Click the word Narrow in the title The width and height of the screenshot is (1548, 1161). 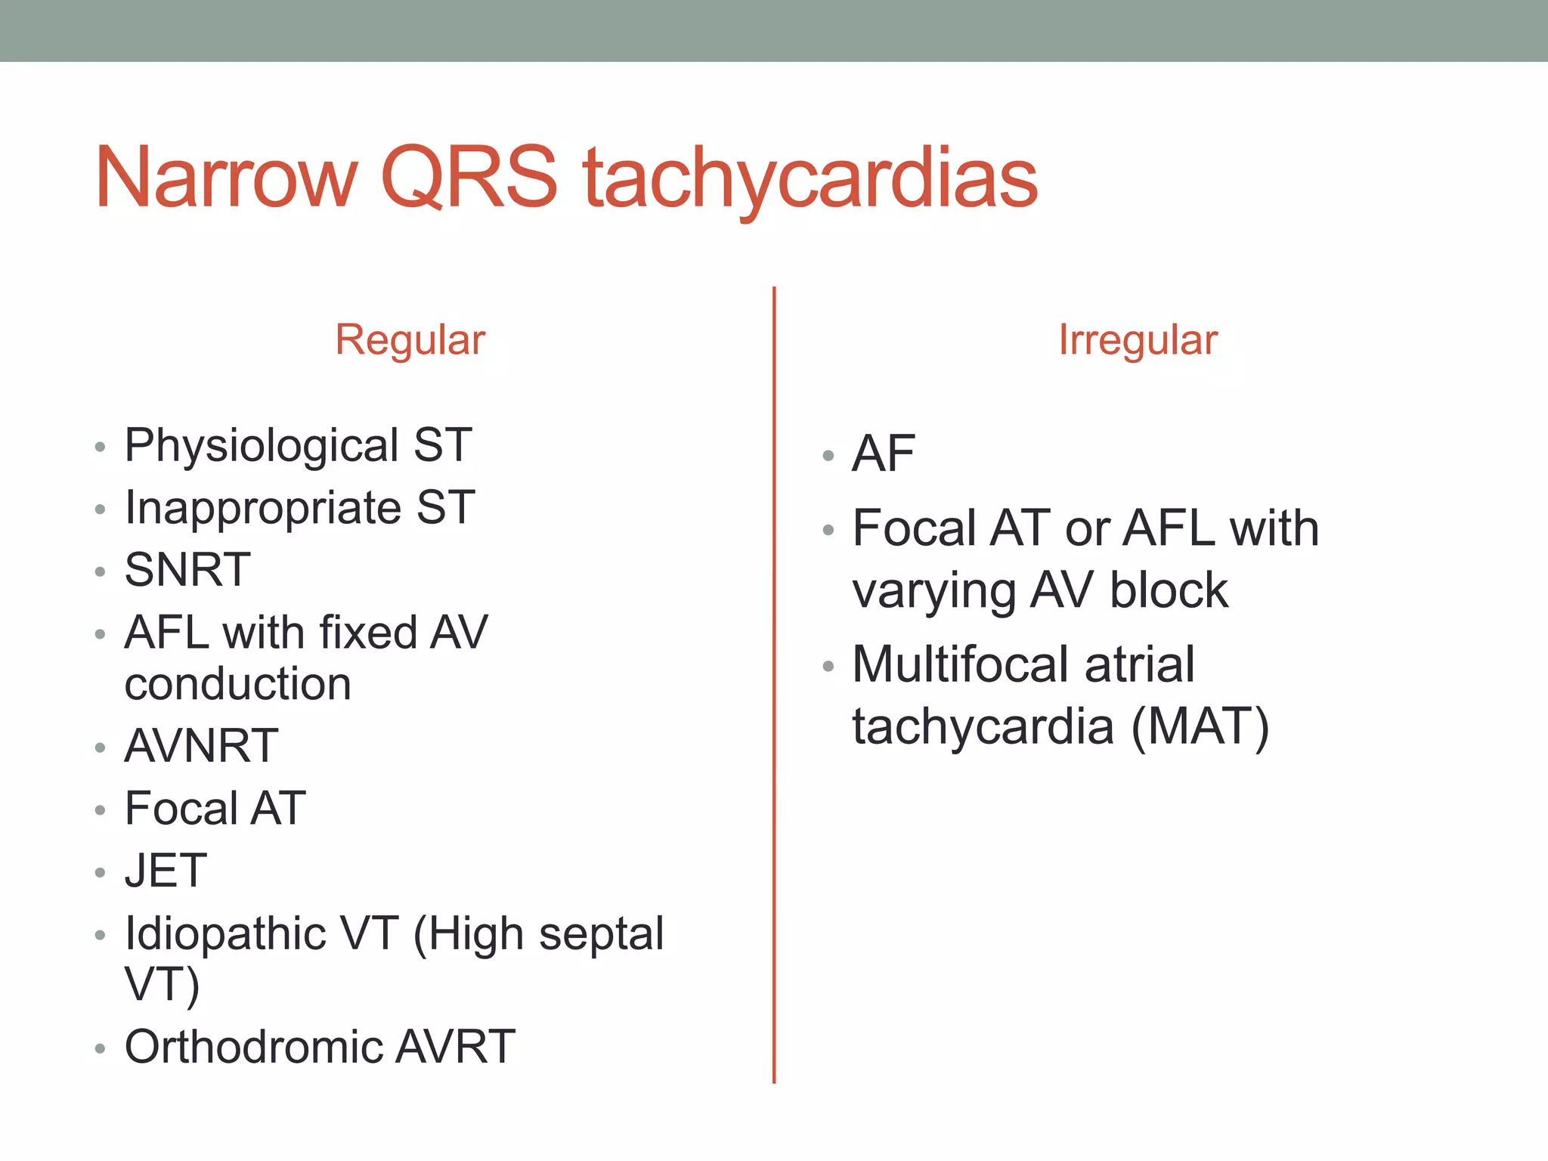(225, 178)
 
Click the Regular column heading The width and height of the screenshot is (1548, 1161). (410, 340)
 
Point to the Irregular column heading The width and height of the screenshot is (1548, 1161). (1138, 340)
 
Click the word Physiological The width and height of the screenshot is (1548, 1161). (262, 446)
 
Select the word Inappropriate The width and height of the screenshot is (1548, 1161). (263, 508)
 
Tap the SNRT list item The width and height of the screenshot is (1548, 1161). (187, 570)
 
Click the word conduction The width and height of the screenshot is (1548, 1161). (238, 684)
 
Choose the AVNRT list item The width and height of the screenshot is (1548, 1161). (202, 746)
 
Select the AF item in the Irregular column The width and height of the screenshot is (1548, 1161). (884, 454)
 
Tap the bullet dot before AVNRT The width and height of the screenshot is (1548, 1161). (100, 748)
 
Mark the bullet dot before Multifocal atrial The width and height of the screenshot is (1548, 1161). (828, 667)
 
